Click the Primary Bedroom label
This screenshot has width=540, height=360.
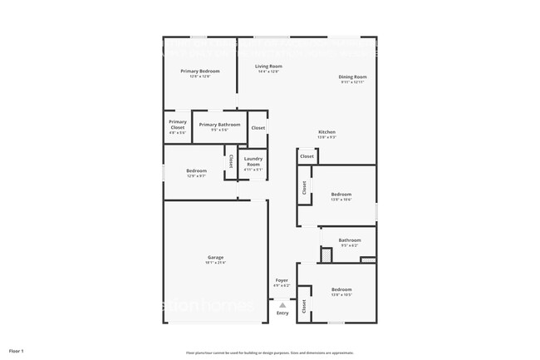click(200, 72)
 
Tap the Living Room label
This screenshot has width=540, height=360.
click(268, 67)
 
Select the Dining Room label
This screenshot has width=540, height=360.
click(352, 77)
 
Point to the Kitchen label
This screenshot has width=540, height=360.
click(327, 133)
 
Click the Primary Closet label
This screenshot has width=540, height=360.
click(178, 125)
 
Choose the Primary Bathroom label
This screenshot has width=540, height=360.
click(219, 125)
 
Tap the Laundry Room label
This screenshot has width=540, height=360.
click(253, 161)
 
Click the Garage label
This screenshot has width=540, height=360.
click(215, 257)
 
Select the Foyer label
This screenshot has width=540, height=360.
click(282, 280)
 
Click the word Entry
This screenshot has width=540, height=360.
click(282, 313)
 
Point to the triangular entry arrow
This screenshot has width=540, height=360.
click(282, 305)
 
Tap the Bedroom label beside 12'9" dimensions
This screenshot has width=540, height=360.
click(197, 170)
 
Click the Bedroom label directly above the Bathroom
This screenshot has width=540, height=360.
click(341, 195)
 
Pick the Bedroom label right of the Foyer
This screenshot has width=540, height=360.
click(341, 291)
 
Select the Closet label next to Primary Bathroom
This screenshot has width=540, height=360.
click(258, 128)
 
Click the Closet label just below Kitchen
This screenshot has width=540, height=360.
click(307, 156)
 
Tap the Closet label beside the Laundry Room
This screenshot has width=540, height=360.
click(231, 162)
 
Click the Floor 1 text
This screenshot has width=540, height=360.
click(17, 351)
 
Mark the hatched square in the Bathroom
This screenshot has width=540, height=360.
click(326, 255)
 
